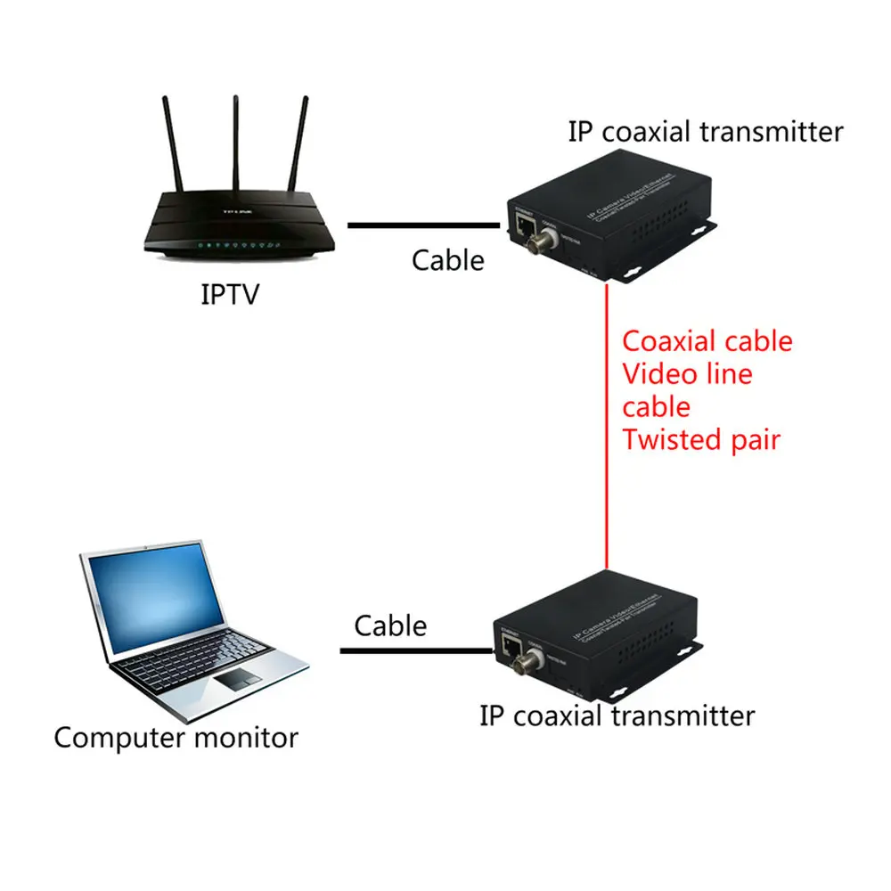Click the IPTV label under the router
(x=229, y=293)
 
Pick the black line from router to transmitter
(x=423, y=225)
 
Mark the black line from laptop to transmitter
(x=414, y=651)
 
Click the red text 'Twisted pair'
(x=700, y=439)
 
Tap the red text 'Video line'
(x=687, y=374)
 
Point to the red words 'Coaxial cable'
(x=707, y=341)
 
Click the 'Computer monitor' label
(x=176, y=738)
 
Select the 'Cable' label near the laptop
(x=390, y=625)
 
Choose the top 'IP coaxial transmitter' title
(x=705, y=132)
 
